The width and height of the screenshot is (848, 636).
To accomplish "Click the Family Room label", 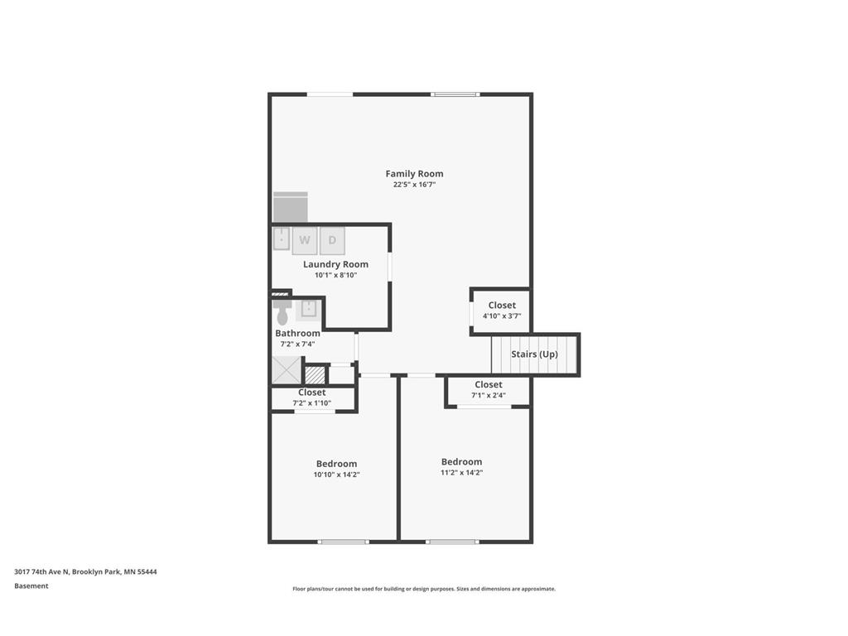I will coord(414,174).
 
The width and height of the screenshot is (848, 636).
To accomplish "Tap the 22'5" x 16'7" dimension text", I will coord(414,185).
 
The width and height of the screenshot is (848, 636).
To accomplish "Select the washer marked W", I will coord(305,240).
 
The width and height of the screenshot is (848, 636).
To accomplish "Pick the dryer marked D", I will coord(332,240).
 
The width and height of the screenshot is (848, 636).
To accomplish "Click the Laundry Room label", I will coord(335,264).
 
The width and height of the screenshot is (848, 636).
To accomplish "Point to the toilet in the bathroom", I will coord(282,313).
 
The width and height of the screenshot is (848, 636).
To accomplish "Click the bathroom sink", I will coord(308,309).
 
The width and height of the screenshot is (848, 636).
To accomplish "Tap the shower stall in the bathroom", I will coord(287,369).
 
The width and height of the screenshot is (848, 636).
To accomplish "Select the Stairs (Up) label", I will coord(534,354).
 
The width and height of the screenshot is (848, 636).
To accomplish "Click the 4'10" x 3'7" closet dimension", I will coord(502,316).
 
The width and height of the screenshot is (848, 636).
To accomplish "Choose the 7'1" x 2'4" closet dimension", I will coord(488,395).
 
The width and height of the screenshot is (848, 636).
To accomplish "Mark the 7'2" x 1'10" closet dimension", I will coord(311,403).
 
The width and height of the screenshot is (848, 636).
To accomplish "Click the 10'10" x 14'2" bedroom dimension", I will coord(336,475).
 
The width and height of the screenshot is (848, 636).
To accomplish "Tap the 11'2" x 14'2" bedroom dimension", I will coord(461,473).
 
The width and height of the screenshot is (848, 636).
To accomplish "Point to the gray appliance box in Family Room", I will coord(291,208).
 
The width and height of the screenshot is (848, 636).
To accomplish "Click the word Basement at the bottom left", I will coord(31,586).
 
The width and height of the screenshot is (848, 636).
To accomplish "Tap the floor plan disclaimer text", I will coord(423,589).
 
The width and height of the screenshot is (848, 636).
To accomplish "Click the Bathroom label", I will coord(297,334).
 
